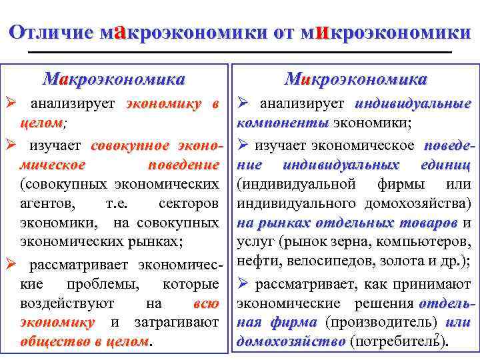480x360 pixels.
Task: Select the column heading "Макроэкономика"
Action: tap(113, 80)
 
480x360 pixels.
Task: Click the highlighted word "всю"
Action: tap(205, 304)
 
